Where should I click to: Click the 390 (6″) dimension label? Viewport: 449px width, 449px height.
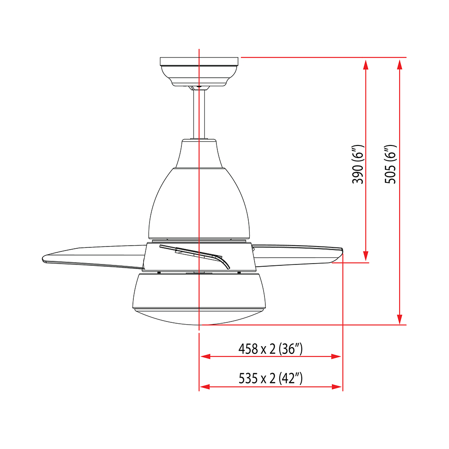358,164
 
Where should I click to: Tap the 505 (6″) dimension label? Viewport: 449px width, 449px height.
390,164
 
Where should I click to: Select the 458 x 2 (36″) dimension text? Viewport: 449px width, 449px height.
270,349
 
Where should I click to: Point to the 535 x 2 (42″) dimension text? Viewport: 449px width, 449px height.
271,378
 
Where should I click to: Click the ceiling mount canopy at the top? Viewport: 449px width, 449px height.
199,71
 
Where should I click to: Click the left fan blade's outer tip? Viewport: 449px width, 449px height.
43,259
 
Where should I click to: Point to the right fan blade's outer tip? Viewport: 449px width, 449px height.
342,250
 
